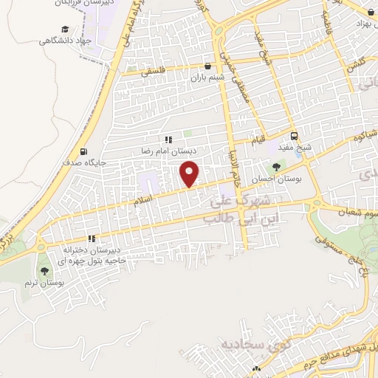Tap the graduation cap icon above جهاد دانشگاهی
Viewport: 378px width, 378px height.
coord(65,29)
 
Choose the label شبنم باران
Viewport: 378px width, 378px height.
coord(207,77)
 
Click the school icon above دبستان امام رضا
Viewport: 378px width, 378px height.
coord(168,139)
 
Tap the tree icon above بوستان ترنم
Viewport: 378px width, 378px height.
coord(46,270)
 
